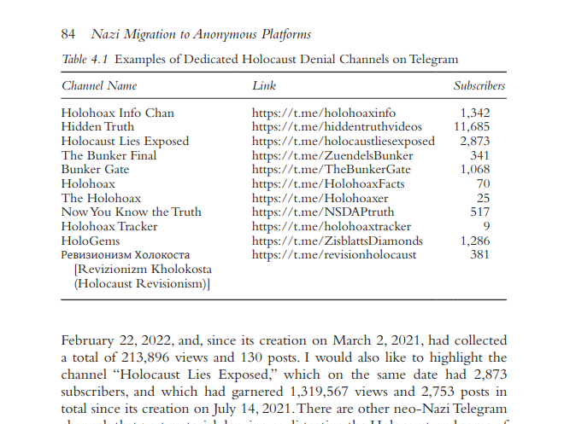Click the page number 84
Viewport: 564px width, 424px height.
pyautogui.click(x=69, y=35)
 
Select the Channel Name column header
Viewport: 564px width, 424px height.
pyautogui.click(x=99, y=86)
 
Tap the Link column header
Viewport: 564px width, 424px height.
pyautogui.click(x=264, y=86)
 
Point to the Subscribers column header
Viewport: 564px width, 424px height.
pyautogui.click(x=479, y=86)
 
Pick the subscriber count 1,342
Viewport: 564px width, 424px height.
pyautogui.click(x=474, y=113)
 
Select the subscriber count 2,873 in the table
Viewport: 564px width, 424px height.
pyautogui.click(x=474, y=141)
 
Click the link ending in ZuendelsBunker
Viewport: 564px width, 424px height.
pyautogui.click(x=332, y=155)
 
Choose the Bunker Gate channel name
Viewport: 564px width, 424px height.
pyautogui.click(x=95, y=170)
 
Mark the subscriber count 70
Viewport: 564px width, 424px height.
pyautogui.click(x=483, y=183)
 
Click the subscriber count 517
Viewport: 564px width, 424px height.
pyautogui.click(x=479, y=212)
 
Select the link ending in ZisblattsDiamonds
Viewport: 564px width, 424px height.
pyautogui.click(x=338, y=241)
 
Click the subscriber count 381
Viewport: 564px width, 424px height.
pyautogui.click(x=479, y=254)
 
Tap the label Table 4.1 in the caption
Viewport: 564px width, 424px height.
pyautogui.click(x=85, y=60)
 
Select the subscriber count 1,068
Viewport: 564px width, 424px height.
pyautogui.click(x=474, y=170)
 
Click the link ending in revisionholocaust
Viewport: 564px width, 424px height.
pyautogui.click(x=335, y=254)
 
